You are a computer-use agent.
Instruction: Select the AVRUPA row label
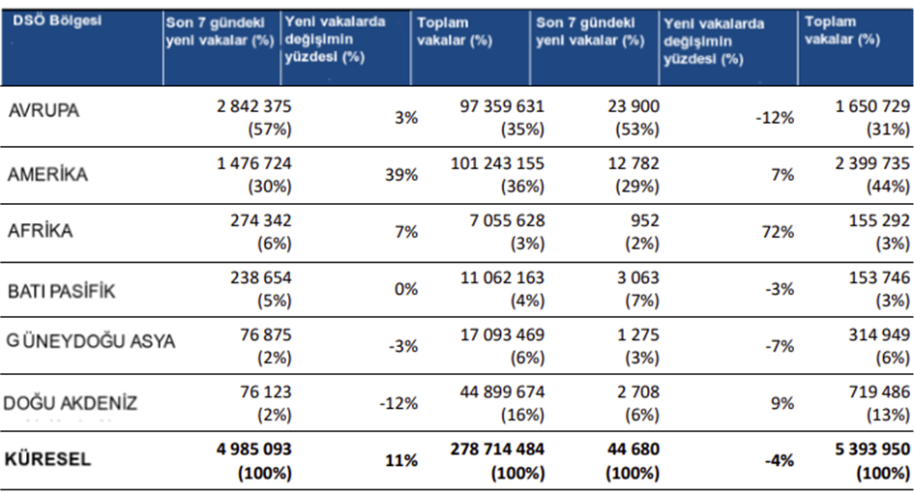[x=44, y=110]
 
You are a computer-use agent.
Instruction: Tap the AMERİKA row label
[x=48, y=175]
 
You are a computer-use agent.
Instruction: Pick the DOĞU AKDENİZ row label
[x=71, y=403]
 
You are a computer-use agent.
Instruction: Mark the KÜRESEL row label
[x=49, y=460]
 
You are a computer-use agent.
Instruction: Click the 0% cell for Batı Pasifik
[x=406, y=289]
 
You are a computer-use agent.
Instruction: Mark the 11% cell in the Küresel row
[x=401, y=460]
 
